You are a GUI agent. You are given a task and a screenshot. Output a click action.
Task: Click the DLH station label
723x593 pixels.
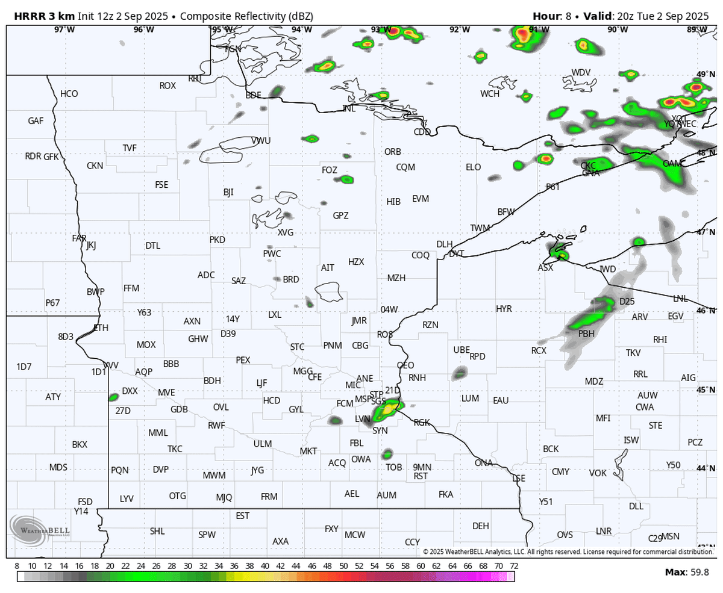(x=444, y=244)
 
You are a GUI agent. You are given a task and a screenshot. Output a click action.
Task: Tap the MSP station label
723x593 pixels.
(x=363, y=399)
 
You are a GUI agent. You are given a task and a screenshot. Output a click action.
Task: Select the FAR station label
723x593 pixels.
(x=79, y=238)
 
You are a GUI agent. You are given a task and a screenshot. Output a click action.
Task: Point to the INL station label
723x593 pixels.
(x=349, y=108)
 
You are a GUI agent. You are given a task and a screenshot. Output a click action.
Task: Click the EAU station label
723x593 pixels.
(x=501, y=400)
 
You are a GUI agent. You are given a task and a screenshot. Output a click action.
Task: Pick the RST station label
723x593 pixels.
(x=421, y=476)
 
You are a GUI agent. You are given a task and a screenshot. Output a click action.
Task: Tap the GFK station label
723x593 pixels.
(x=51, y=156)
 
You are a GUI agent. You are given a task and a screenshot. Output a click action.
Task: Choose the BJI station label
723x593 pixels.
(x=228, y=192)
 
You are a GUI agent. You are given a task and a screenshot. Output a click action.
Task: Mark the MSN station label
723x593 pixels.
(x=671, y=536)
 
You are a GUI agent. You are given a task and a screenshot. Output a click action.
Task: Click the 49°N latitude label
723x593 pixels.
(x=703, y=75)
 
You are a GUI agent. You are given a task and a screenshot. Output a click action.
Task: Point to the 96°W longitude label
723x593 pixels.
(x=144, y=29)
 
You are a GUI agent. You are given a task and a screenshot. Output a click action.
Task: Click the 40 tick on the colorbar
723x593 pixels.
(x=265, y=567)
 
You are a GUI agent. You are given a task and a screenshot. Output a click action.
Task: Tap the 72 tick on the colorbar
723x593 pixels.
(x=513, y=567)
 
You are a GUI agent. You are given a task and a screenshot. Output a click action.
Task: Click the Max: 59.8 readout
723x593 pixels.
(x=687, y=571)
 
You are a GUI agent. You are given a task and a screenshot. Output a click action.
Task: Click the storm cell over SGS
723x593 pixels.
(x=387, y=410)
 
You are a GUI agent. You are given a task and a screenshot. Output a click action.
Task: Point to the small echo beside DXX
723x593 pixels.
(x=113, y=397)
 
